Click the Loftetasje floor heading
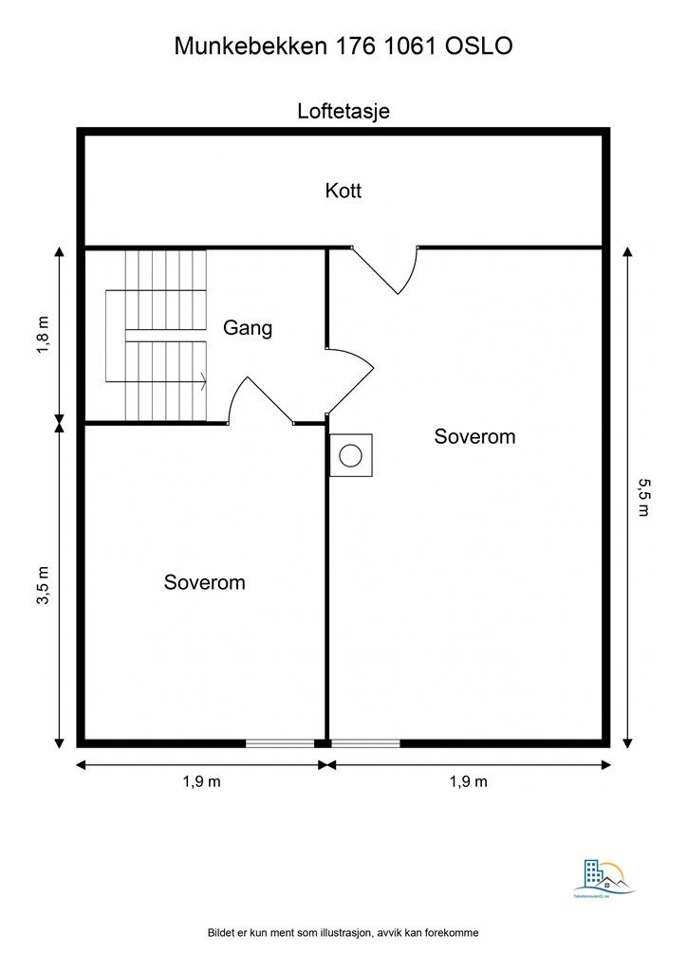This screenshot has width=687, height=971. (x=343, y=111)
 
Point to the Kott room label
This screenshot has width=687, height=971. (x=343, y=191)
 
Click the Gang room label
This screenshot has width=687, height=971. (x=248, y=329)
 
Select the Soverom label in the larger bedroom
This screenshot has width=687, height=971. (x=474, y=436)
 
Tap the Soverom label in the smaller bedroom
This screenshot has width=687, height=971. (x=204, y=582)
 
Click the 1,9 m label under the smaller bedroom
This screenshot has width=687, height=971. (x=201, y=782)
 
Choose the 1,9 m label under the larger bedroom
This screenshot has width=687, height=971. (x=468, y=782)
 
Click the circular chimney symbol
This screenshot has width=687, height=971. (x=350, y=455)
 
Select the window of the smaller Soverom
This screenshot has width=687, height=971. (x=280, y=743)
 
